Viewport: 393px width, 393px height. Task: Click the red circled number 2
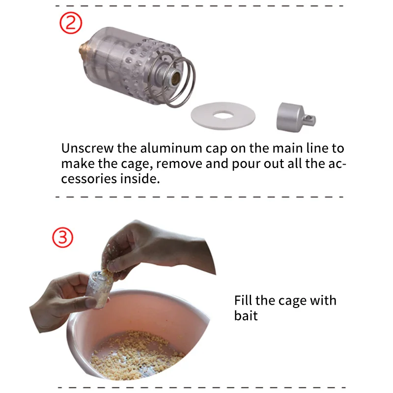tap(71, 23)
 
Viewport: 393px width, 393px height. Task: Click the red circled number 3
tap(63, 237)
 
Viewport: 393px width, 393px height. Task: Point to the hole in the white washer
tap(223, 115)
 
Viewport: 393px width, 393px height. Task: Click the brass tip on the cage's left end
tap(82, 49)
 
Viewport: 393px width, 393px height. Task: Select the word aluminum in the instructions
tap(171, 148)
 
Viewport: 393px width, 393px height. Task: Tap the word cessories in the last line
tap(89, 179)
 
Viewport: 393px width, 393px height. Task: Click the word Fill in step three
tap(243, 300)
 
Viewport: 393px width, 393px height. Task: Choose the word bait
tap(246, 315)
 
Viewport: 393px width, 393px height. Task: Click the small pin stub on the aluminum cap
tap(310, 119)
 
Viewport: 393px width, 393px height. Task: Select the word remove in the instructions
tap(179, 164)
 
